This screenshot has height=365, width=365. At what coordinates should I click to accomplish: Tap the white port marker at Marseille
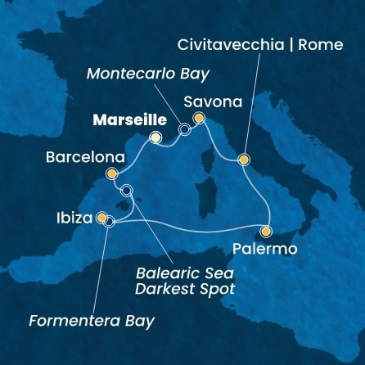click(155, 137)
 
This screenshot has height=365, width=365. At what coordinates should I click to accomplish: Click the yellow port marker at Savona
click(198, 119)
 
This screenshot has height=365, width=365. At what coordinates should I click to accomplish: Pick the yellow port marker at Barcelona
click(112, 173)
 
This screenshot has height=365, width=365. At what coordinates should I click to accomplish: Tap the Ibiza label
click(74, 219)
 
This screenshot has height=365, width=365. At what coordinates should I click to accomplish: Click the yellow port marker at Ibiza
click(101, 219)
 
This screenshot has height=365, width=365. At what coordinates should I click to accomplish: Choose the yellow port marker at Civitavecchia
click(243, 159)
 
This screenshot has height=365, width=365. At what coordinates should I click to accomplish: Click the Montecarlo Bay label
click(150, 73)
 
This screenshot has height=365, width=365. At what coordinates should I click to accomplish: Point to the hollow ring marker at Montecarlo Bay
click(184, 129)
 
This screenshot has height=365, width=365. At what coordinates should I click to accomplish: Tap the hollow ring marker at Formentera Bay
click(109, 221)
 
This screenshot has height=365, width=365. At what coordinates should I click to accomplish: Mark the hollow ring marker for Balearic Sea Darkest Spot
click(126, 191)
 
